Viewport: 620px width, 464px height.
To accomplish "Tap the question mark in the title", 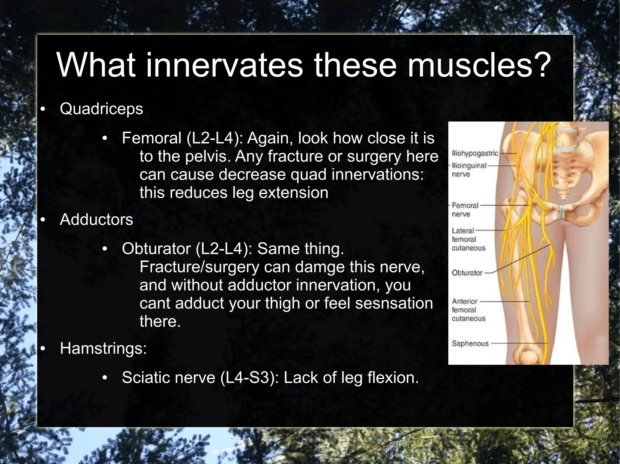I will (541, 65).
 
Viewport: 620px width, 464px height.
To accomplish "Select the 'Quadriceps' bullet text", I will (101, 109).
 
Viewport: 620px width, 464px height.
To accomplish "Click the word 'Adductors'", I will (96, 219).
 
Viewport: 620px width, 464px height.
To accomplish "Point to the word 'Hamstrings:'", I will (103, 348).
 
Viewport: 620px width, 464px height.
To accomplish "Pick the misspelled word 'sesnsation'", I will (394, 303).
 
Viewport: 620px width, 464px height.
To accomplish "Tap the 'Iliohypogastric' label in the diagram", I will (474, 153).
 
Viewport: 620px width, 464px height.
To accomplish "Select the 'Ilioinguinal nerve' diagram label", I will (469, 170).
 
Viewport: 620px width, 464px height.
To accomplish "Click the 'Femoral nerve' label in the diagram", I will (465, 210).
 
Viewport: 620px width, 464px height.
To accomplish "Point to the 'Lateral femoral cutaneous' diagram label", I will (468, 239).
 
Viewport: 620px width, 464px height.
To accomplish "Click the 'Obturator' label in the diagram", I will (467, 273).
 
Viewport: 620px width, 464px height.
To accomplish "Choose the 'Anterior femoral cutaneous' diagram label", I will (468, 310).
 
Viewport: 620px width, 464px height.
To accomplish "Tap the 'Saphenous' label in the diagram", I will (470, 343).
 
